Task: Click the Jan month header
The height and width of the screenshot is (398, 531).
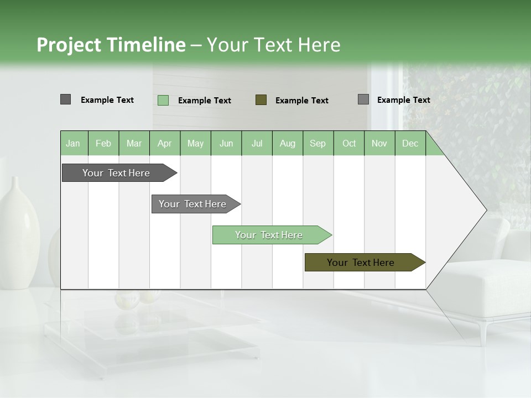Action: point(74,143)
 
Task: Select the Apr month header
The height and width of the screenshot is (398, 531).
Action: point(165,143)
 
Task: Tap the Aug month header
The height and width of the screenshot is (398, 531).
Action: point(288,143)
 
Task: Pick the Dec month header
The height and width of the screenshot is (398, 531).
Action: point(410,143)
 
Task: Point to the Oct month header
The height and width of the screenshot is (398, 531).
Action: point(349,143)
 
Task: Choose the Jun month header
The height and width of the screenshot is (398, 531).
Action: point(226,143)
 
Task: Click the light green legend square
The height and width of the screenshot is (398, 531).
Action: point(163,100)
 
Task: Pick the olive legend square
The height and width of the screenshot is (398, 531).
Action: point(261,99)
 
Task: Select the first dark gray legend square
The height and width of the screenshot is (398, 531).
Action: point(65,99)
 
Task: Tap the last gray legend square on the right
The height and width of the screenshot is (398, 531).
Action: point(363,99)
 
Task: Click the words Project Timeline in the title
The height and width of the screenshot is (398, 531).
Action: point(111,45)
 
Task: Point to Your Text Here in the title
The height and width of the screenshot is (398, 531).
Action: point(273,45)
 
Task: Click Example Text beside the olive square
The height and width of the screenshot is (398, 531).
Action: point(301,101)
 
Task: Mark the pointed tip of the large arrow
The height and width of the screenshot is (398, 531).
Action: point(485,210)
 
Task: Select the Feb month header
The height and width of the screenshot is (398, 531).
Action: point(103,143)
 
